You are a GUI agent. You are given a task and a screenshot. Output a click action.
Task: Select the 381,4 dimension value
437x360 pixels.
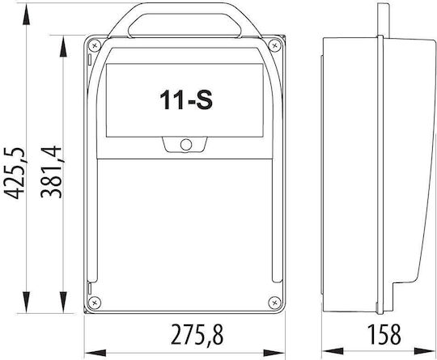[x=51, y=172]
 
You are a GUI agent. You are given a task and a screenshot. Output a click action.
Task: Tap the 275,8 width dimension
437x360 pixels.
[x=197, y=334]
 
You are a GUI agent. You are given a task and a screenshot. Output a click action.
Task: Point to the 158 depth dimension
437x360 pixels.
[x=384, y=334]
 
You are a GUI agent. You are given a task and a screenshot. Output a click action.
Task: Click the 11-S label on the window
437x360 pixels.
[x=186, y=100]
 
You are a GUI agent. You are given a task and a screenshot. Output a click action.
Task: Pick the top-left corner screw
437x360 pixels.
[x=95, y=44]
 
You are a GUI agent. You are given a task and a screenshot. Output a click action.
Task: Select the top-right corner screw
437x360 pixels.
[x=274, y=44]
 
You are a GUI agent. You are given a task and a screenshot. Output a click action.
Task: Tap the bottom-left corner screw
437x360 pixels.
[x=94, y=302]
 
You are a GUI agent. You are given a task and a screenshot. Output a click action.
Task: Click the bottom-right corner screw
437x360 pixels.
[x=274, y=302]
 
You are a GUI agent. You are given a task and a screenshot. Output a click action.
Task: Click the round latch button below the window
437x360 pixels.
[x=186, y=145]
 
